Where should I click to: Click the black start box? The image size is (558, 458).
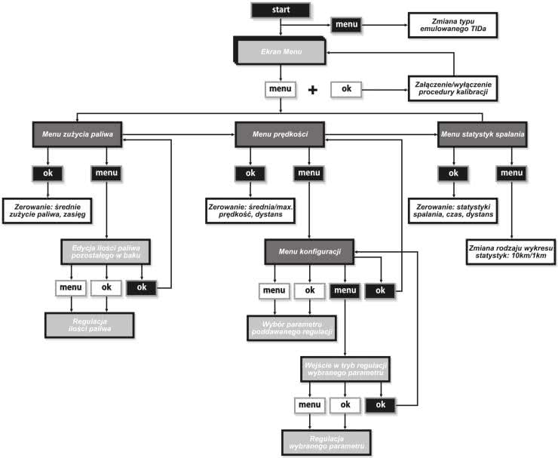[281, 10]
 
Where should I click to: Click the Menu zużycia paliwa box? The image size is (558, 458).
[78, 134]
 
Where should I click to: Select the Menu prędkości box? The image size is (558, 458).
[281, 134]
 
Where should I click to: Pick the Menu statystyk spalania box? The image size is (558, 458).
[483, 134]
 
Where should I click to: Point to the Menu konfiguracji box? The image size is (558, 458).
[311, 251]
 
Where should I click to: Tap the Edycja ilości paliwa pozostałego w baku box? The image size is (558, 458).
[106, 251]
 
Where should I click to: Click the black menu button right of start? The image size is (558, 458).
[346, 25]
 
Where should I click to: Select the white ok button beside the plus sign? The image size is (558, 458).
[346, 89]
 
